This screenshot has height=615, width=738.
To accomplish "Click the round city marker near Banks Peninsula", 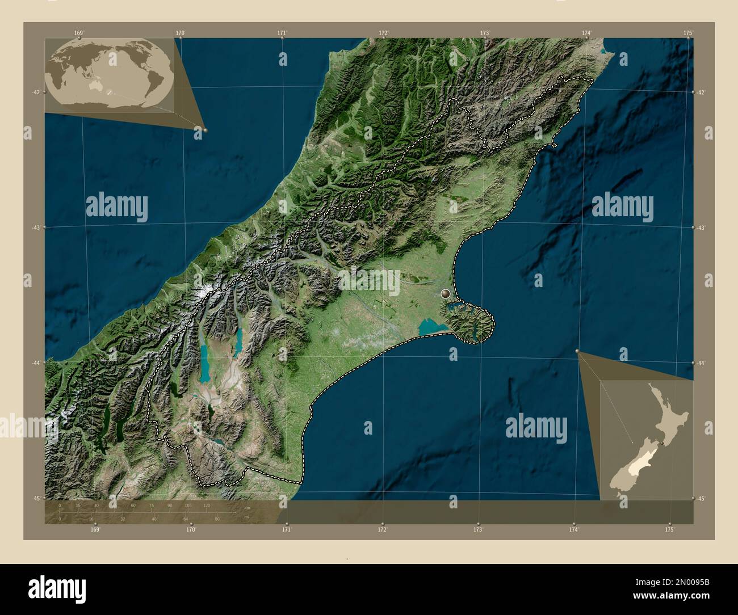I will click(x=446, y=293).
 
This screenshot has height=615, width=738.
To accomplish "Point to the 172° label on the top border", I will click(x=384, y=33).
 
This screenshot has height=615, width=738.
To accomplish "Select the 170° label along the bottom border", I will click(x=191, y=529).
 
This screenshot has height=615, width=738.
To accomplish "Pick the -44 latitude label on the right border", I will click(x=702, y=363).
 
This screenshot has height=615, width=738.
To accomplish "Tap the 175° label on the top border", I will click(x=688, y=33).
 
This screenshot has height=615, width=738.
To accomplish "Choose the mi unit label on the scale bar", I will click(x=246, y=517).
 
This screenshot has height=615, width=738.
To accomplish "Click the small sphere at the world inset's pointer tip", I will click(x=205, y=130).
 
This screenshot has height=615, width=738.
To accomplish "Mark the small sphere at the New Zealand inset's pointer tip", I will click(x=578, y=352).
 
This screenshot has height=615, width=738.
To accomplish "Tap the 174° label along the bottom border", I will click(x=575, y=529).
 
